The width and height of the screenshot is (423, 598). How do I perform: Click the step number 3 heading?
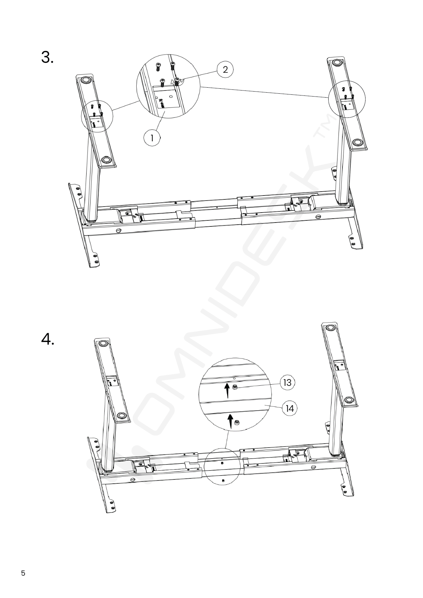click(47, 57)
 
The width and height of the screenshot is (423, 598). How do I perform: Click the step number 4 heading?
click(48, 339)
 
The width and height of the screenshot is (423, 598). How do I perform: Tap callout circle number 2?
click(225, 70)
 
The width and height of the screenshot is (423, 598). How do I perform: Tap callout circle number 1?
click(152, 138)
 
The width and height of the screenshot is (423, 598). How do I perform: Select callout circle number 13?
click(287, 383)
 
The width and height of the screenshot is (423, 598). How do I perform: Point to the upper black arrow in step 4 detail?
click(227, 391)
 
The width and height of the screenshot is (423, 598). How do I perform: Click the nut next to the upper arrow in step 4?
click(235, 387)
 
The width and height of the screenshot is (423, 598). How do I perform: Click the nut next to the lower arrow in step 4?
click(236, 422)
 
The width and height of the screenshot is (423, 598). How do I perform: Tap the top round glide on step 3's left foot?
click(86, 80)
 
